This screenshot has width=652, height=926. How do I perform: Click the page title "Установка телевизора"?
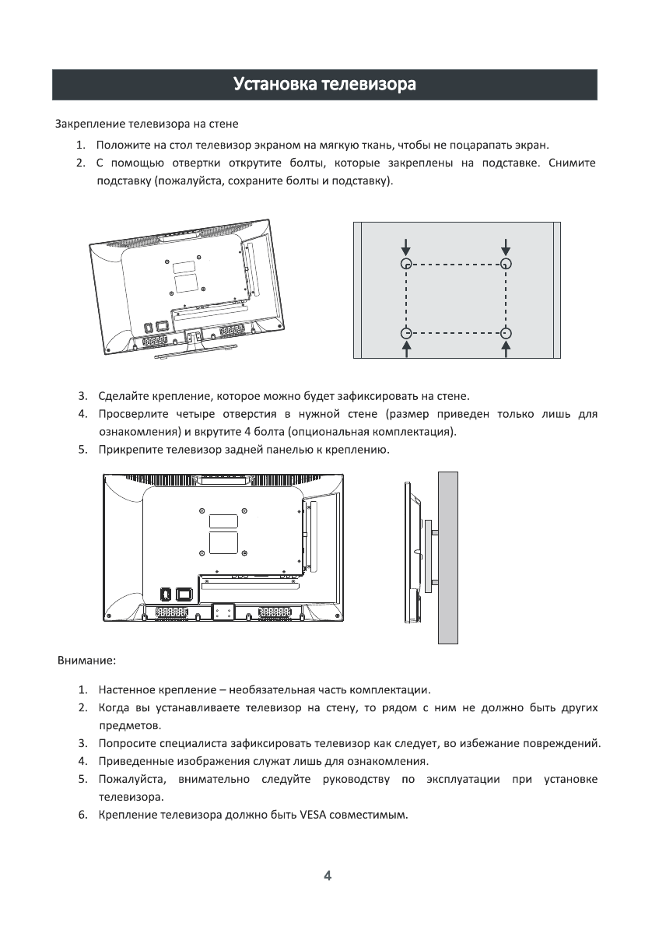pyautogui.click(x=324, y=84)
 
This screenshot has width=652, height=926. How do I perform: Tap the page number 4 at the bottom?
pyautogui.click(x=327, y=875)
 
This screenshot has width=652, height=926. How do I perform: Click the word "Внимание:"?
pyautogui.click(x=87, y=661)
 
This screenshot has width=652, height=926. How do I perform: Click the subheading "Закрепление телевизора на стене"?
pyautogui.click(x=146, y=124)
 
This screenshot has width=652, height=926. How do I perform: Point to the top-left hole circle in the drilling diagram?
pyautogui.click(x=405, y=265)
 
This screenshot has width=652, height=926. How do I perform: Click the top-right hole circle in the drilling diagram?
pyautogui.click(x=507, y=265)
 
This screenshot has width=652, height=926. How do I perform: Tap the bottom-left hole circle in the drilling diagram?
pyautogui.click(x=405, y=333)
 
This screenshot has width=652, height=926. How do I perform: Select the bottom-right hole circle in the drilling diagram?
pyautogui.click(x=507, y=333)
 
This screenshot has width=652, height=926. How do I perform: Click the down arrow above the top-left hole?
pyautogui.click(x=405, y=247)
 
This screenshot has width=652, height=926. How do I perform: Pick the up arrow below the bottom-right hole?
pyautogui.click(x=507, y=350)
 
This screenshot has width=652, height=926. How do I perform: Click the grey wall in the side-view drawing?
pyautogui.click(x=447, y=556)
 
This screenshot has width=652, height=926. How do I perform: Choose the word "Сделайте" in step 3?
pyautogui.click(x=121, y=395)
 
